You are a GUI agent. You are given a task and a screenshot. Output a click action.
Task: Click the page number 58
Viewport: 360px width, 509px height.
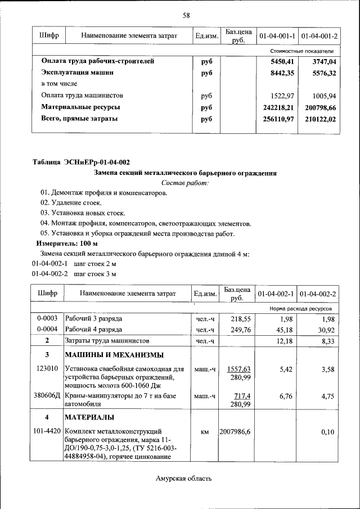(x=186, y=15)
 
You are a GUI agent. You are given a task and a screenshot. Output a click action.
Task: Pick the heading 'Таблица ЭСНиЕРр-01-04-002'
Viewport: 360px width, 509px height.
(x=81, y=163)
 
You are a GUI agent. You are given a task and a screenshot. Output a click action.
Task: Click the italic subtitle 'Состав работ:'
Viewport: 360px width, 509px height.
(x=185, y=183)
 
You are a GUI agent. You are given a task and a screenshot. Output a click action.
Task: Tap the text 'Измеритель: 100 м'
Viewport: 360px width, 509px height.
(x=67, y=244)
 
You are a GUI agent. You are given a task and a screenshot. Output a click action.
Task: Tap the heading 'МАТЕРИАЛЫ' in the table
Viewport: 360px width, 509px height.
(x=89, y=417)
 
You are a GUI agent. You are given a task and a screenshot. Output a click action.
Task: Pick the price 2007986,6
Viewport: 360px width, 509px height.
(x=236, y=431)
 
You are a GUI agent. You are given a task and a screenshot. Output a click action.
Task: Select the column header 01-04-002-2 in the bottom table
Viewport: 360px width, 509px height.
(x=318, y=294)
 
